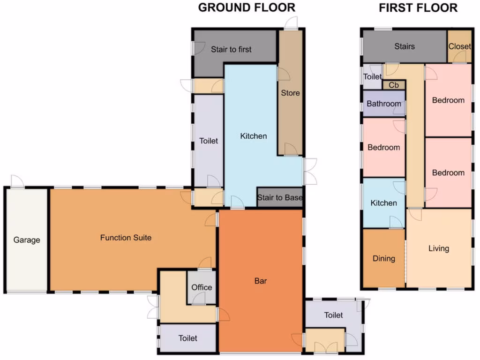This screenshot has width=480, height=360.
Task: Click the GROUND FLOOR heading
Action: (x=247, y=8)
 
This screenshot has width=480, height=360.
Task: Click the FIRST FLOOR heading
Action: (x=418, y=8)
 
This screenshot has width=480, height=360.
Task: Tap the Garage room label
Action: (x=27, y=240)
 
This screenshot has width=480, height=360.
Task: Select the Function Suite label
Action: (x=126, y=238)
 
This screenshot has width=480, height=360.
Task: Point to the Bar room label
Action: (x=261, y=281)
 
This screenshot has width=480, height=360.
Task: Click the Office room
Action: (x=202, y=287)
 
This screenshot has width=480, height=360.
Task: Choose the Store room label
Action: (x=290, y=93)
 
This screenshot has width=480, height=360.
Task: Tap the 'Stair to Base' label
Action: (x=279, y=197)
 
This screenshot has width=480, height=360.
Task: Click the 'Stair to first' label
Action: (x=231, y=49)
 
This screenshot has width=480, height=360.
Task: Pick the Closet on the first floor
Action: (x=459, y=46)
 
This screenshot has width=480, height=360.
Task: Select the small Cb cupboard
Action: (x=394, y=85)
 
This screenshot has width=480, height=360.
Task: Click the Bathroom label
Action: (x=384, y=104)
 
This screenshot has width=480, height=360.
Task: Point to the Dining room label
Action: (x=383, y=258)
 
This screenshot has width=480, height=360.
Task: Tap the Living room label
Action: (x=439, y=248)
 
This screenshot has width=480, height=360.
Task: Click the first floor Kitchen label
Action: (x=383, y=203)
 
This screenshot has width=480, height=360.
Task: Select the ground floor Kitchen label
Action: (x=253, y=136)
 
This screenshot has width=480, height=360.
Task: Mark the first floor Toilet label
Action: (x=373, y=77)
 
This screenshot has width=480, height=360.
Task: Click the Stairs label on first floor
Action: (x=404, y=46)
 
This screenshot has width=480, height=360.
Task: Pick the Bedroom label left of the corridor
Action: (x=383, y=147)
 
